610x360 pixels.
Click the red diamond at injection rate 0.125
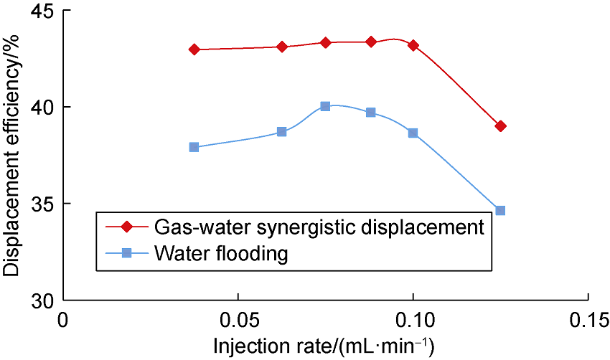point(500,126)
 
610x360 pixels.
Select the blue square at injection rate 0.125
point(500,210)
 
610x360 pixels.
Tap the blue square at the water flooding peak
point(325,106)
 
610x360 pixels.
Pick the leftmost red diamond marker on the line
point(194,49)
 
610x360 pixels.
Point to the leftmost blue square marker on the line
point(194,147)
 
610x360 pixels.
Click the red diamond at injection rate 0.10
point(413,45)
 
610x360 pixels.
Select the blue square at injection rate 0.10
point(413,133)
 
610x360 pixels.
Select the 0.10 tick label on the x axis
point(413,318)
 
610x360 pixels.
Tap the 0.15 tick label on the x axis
point(588,318)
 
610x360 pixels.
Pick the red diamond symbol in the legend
point(127,227)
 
